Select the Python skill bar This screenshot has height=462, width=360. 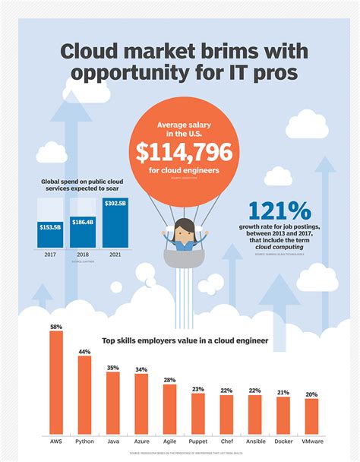84,394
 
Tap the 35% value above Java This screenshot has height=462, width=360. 112,368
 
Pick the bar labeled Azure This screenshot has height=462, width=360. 141,403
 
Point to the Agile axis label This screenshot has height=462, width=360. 169,441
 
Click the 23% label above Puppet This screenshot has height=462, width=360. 197,389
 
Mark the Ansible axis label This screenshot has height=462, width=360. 254,441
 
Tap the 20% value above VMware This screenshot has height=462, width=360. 311,394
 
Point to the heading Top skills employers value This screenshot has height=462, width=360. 181,341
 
